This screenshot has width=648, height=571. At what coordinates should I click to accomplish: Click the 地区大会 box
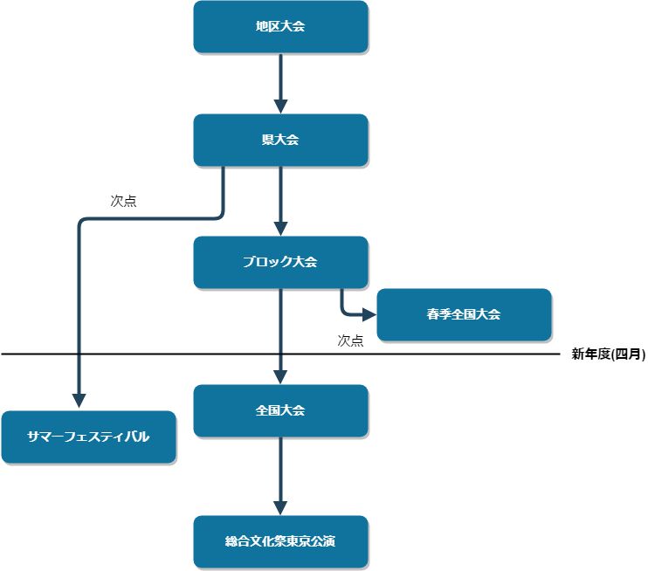[x=280, y=27]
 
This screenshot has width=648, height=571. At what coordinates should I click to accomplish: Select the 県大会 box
[x=280, y=140]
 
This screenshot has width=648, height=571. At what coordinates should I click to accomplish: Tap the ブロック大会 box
[x=280, y=262]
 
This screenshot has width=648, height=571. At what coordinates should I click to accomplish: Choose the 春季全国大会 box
[x=464, y=314]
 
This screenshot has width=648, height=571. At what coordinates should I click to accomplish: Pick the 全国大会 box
[x=280, y=410]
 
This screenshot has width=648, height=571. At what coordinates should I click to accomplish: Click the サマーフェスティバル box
[x=88, y=437]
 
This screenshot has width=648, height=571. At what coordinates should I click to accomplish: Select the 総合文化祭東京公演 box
[x=280, y=541]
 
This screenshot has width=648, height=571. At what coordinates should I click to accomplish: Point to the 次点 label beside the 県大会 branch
[x=123, y=201]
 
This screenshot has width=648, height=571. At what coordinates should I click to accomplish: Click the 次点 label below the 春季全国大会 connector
[x=350, y=341]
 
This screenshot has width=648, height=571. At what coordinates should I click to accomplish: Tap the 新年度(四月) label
[x=608, y=354]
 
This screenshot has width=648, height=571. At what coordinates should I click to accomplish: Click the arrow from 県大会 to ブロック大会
[x=280, y=196]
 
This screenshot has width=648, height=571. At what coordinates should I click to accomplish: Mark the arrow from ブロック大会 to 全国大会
[x=280, y=327]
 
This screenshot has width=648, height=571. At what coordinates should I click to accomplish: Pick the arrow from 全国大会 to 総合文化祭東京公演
[x=280, y=471]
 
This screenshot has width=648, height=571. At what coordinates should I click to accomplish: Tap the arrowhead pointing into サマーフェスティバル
[x=79, y=401]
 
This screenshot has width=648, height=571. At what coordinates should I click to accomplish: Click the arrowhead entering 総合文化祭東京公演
[x=280, y=507]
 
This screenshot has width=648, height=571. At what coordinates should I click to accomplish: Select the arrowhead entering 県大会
[x=280, y=106]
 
